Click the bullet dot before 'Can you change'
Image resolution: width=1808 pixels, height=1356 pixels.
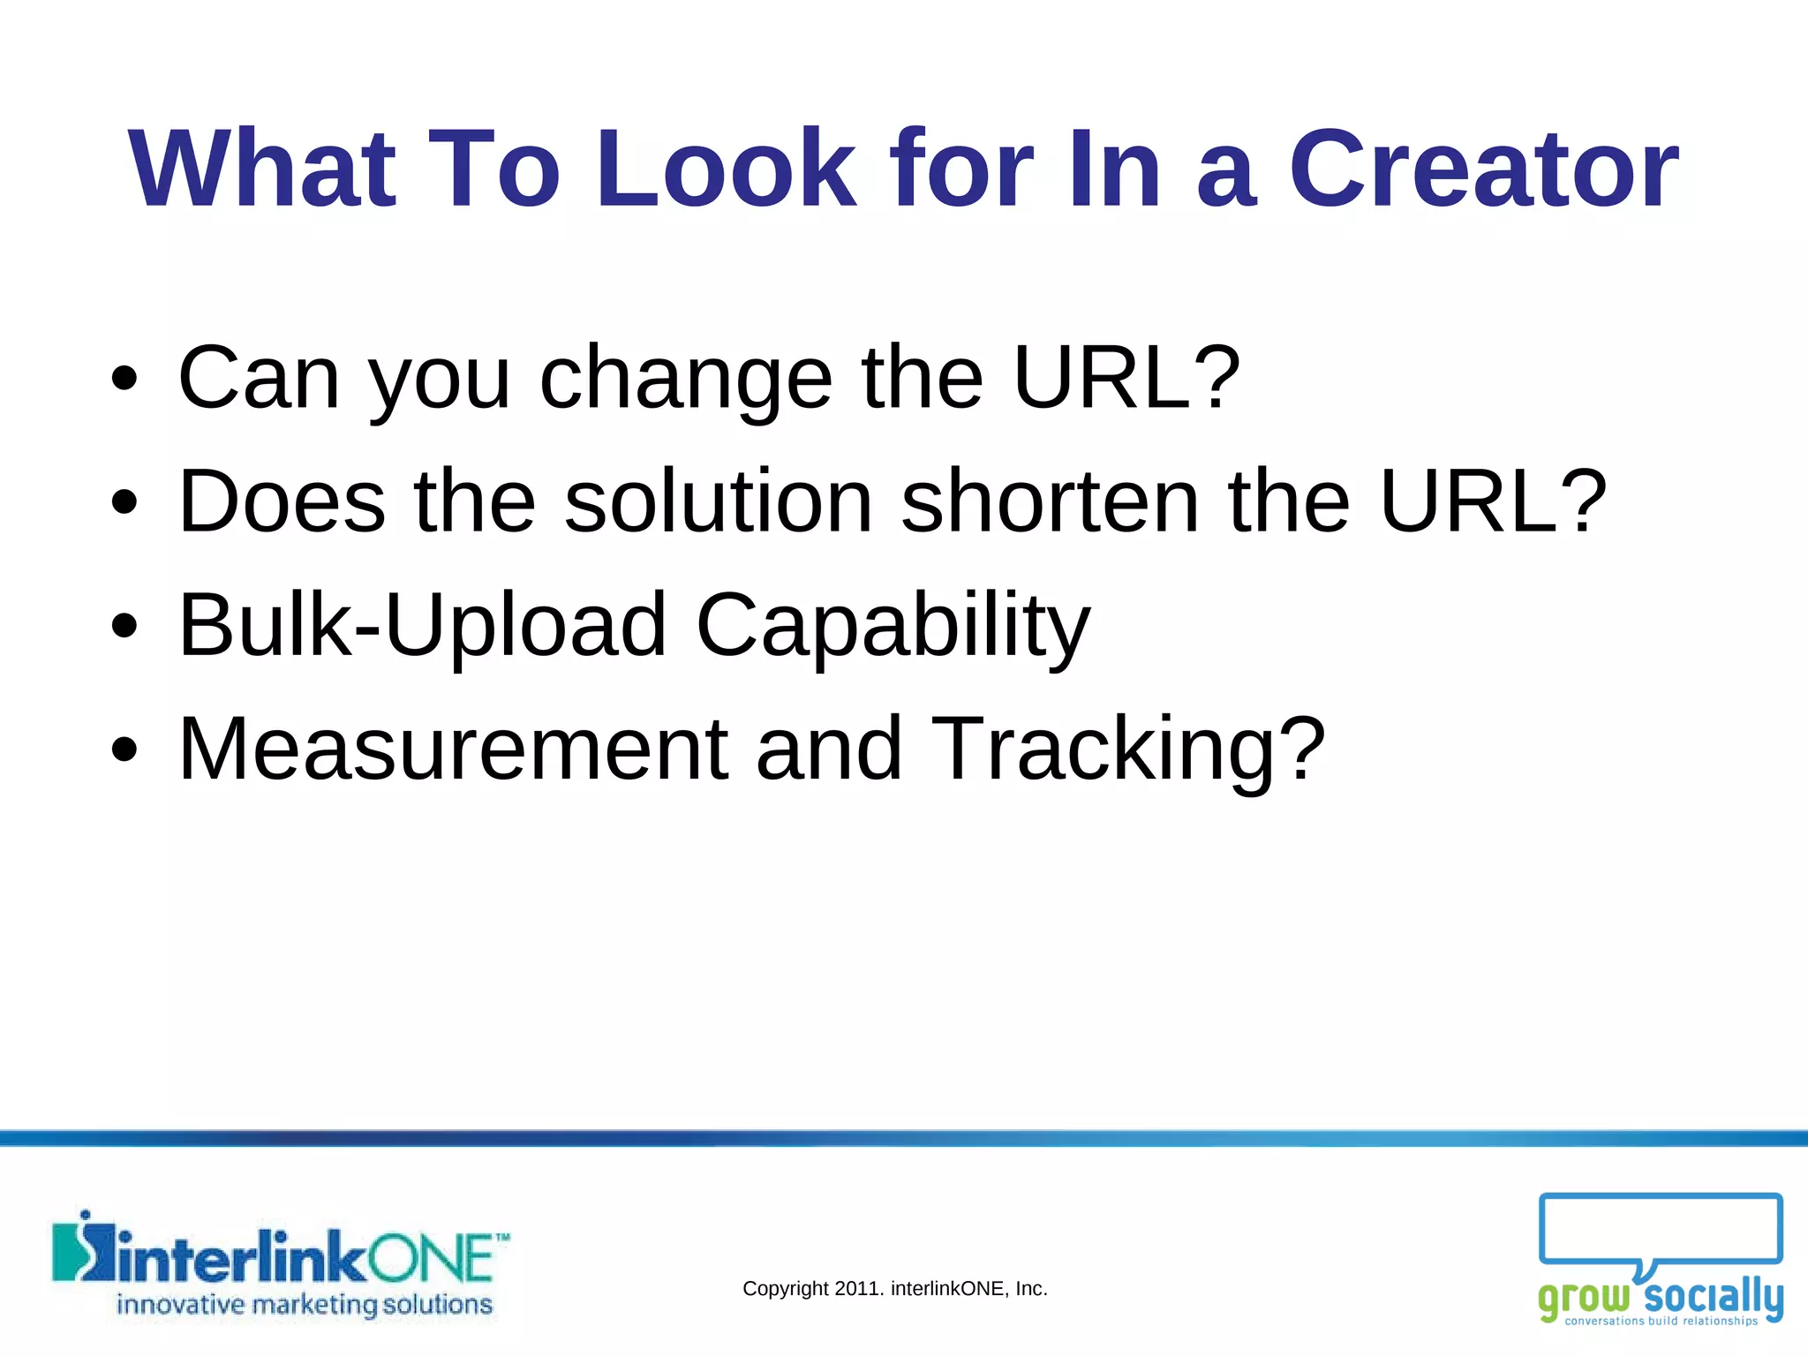pyautogui.click(x=125, y=379)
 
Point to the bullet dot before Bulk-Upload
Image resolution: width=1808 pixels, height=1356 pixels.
pyautogui.click(x=125, y=626)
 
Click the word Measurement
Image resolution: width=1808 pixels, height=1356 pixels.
pyautogui.click(x=453, y=749)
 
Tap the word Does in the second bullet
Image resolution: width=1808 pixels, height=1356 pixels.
pyautogui.click(x=282, y=501)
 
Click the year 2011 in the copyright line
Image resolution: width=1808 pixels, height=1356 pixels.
pyautogui.click(x=855, y=1289)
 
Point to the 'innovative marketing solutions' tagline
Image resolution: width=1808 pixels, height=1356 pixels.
pyautogui.click(x=305, y=1305)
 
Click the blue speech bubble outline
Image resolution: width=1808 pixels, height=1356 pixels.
pyautogui.click(x=1660, y=1229)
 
